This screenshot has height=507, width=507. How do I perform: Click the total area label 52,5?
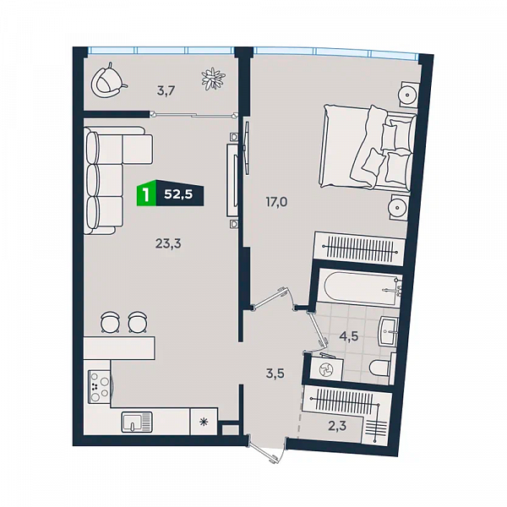point(178,194)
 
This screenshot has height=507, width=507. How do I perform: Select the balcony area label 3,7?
point(166,91)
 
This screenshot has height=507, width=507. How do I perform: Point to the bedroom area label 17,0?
point(276,202)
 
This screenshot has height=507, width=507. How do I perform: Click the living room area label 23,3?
point(168,243)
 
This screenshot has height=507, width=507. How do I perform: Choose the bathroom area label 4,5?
point(348,336)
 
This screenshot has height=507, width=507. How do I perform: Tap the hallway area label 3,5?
point(275,373)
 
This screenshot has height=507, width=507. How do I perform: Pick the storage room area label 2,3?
point(337,426)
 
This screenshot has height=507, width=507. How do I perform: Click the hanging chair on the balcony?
point(107,81)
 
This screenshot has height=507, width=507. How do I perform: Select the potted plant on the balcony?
point(213,79)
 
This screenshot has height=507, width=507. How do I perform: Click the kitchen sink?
point(137,422)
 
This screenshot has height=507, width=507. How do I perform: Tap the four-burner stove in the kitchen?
point(100,386)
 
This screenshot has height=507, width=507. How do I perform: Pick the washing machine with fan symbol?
point(326,369)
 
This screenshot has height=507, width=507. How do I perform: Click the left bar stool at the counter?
point(110,322)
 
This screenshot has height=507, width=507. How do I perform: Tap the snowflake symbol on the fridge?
point(204,422)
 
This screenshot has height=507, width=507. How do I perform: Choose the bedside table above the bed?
point(408,94)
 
